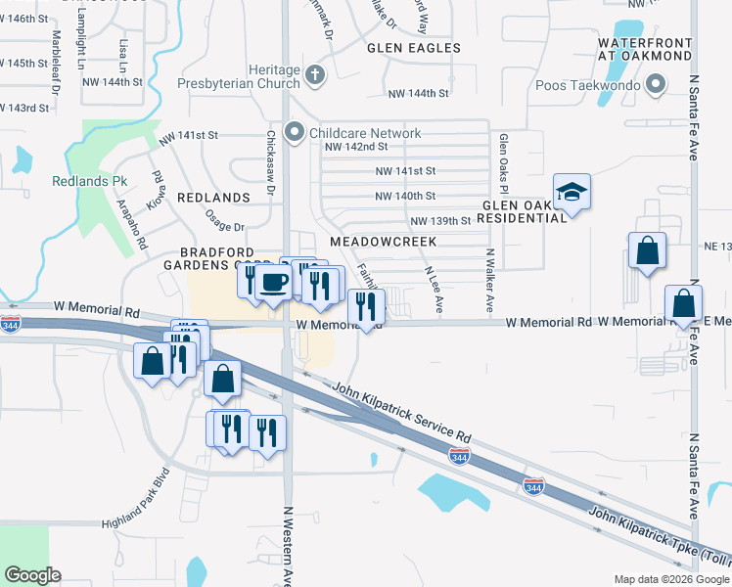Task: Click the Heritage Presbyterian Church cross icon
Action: (x=314, y=75)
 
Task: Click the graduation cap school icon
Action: (x=572, y=192)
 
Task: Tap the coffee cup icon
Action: (x=272, y=282)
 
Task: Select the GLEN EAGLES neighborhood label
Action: (x=413, y=48)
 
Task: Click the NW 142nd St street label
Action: (x=355, y=147)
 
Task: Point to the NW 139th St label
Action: (x=440, y=222)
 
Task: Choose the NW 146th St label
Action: (x=24, y=19)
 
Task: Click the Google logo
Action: (x=34, y=574)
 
